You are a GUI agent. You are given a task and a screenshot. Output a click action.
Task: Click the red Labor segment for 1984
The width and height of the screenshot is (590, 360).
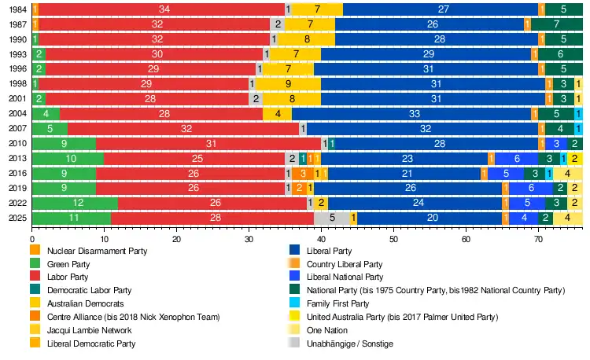[163, 9]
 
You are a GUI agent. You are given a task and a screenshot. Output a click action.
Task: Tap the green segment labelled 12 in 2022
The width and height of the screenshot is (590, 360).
[76, 203]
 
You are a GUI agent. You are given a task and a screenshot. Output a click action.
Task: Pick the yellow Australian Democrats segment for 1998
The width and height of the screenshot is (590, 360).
[288, 83]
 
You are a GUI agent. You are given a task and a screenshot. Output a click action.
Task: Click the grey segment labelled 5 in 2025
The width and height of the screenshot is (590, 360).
[332, 218]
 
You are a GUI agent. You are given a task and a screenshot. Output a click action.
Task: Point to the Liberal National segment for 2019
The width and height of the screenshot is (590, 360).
[531, 188]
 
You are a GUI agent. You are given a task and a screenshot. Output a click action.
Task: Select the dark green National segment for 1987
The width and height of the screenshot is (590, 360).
[556, 24]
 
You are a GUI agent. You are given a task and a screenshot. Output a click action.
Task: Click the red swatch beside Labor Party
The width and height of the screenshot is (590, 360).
[35, 277]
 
